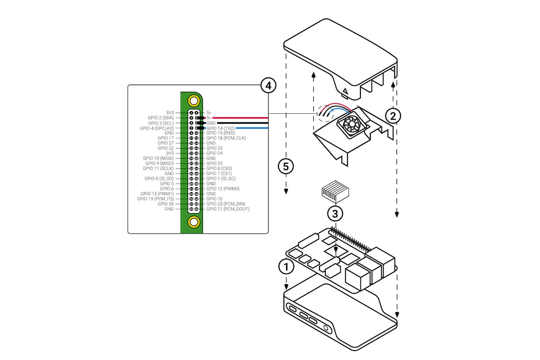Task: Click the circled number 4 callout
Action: point(269,85)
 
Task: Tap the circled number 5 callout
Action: point(286,166)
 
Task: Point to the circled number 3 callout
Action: point(335,212)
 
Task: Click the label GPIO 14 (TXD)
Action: point(221,128)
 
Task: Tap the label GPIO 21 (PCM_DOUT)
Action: point(228,209)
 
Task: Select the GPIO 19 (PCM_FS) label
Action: point(155,199)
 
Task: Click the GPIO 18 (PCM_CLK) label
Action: point(226,138)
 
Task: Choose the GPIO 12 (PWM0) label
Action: point(223,189)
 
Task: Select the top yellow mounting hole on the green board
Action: point(194,100)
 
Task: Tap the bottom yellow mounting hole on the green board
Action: point(194,222)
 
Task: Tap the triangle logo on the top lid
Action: point(345,94)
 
